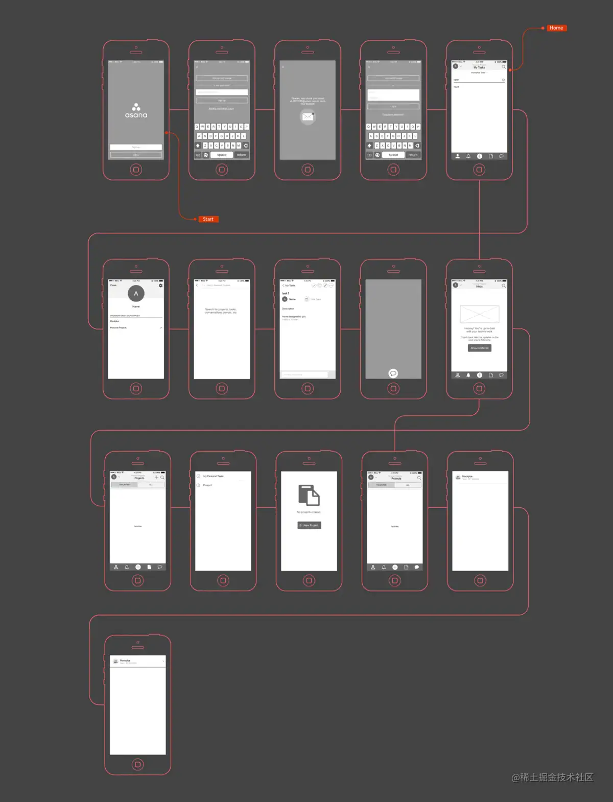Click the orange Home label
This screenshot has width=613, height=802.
[x=556, y=28]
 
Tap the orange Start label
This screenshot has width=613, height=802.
[x=208, y=219]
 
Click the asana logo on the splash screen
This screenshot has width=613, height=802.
[x=136, y=111]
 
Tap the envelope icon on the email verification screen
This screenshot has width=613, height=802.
[x=308, y=117]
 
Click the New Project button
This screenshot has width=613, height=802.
[x=310, y=525]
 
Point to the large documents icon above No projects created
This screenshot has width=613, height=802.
[x=309, y=496]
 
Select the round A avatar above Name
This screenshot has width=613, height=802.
[x=136, y=293]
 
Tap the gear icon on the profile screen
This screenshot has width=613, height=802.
[x=160, y=286]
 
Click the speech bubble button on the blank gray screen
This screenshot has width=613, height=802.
[x=393, y=373]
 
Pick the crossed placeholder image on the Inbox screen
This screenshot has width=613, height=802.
[x=479, y=314]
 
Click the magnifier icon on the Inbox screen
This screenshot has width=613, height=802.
[x=504, y=286]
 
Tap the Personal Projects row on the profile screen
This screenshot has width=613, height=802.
[x=119, y=327]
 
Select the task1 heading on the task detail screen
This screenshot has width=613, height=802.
[x=286, y=293]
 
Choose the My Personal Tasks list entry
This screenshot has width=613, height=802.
[x=214, y=476]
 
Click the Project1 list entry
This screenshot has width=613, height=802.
[x=207, y=485]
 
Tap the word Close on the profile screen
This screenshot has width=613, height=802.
[x=113, y=285]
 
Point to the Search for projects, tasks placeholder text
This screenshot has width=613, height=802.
[x=221, y=311]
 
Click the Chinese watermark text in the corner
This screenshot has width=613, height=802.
[x=553, y=777]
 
